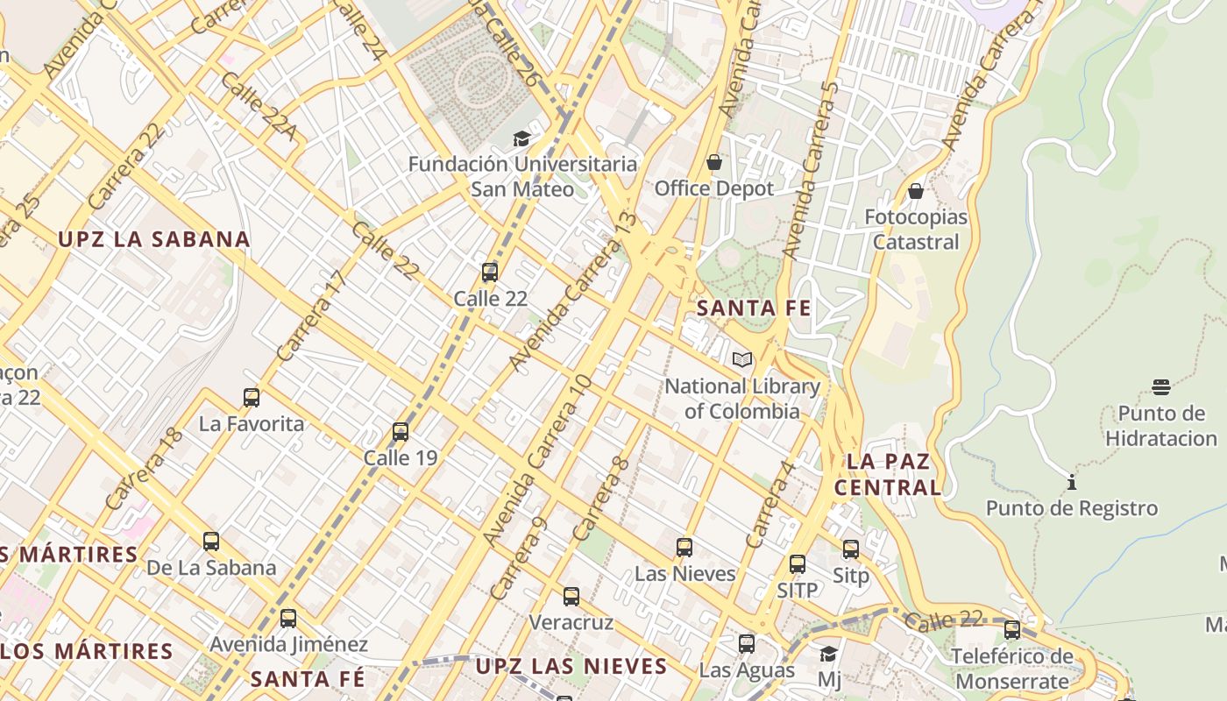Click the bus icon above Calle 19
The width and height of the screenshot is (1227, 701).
point(401,432)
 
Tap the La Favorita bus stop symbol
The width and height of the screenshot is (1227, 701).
point(252,398)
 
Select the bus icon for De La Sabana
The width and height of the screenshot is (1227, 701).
point(211,542)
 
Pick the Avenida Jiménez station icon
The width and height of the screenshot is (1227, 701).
point(288,619)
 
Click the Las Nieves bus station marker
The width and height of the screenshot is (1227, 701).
point(684,548)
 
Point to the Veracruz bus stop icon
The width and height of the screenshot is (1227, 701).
point(571,597)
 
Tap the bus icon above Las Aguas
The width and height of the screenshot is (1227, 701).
point(747,644)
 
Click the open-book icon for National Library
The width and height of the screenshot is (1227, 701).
point(742,359)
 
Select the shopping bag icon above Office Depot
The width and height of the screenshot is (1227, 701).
point(714,162)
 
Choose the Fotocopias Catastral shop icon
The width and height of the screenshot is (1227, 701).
point(916,190)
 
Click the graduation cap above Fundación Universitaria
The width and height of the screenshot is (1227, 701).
point(522,138)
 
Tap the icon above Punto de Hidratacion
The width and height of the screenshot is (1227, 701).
point(1161,387)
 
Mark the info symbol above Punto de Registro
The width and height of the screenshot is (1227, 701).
point(1071,482)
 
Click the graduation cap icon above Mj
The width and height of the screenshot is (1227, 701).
point(828,654)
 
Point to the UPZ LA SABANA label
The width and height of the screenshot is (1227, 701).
point(154,239)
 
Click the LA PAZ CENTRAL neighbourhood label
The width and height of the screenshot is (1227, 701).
point(888,474)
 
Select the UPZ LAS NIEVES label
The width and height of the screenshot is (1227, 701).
point(571,666)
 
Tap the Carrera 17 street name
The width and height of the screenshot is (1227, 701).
point(312,316)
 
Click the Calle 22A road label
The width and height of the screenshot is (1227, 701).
point(259,109)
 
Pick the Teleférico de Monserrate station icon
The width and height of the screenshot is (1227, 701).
point(1012,629)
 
